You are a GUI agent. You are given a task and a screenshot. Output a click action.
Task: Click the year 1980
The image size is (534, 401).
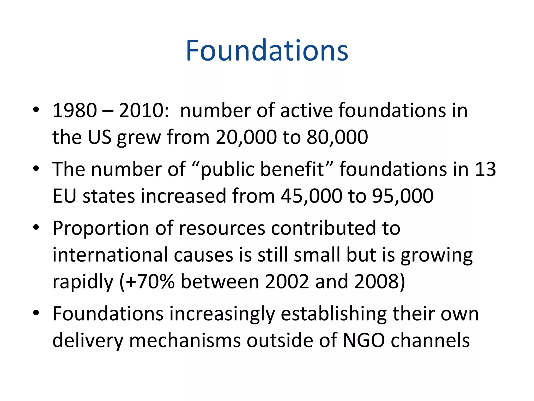(75, 110)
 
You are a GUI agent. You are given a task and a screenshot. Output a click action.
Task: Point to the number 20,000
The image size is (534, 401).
(246, 137)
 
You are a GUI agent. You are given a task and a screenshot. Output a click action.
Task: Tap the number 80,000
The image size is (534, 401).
(337, 137)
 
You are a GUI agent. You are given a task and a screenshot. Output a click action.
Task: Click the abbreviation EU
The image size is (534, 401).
(64, 196)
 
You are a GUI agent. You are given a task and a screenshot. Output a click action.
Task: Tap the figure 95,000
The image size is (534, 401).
(403, 196)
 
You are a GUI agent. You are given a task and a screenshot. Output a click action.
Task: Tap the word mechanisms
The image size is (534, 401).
(185, 340)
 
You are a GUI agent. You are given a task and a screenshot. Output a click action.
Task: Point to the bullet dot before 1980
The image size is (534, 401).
(36, 109)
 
